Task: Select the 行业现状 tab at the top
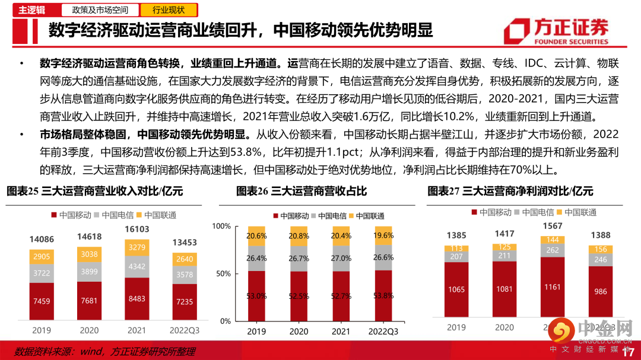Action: coord(169,10)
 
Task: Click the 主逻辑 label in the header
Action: coord(31,10)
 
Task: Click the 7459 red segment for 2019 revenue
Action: coord(42,301)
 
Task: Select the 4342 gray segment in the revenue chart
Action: coord(138,266)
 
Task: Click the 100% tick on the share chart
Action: coord(221,227)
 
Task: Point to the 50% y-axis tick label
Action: coord(223,274)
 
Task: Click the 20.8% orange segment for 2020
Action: coord(299,236)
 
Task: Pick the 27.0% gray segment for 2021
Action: coord(341,259)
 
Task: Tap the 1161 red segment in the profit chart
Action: coord(553,286)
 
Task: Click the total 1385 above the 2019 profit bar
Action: coord(456,235)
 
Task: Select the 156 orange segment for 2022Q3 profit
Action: coord(601,250)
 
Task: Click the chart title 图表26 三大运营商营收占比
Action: coord(302,191)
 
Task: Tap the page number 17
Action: coord(629,353)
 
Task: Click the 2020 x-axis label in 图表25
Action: coord(90,330)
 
